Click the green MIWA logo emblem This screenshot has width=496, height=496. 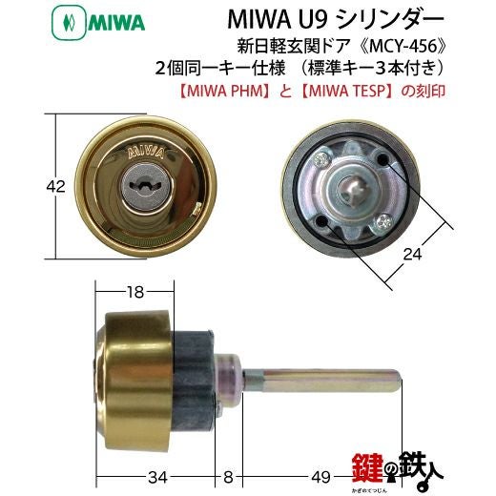(x=69, y=24)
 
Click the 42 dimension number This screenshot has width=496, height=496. (x=56, y=187)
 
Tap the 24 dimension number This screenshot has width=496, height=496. (x=412, y=254)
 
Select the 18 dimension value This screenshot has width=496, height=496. (x=135, y=292)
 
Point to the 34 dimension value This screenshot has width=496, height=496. (x=157, y=477)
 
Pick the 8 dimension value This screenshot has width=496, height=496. (x=228, y=477)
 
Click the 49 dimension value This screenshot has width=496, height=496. (x=321, y=477)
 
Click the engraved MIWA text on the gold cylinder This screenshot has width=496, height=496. (x=146, y=153)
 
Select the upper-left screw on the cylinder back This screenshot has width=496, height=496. (x=322, y=159)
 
